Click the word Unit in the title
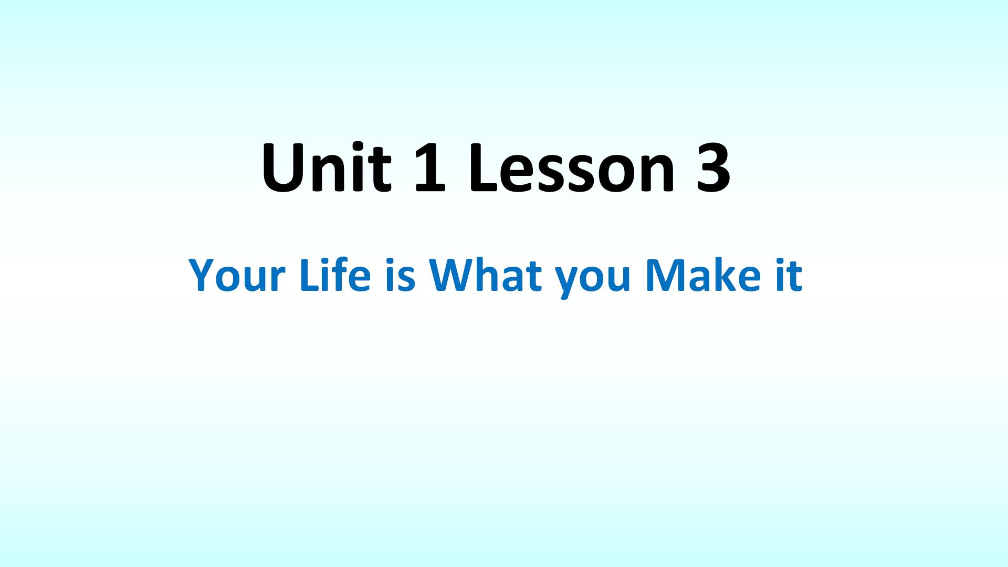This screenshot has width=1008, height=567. tap(327, 166)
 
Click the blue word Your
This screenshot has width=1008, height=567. tap(237, 275)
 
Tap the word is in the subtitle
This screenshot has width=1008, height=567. tap(401, 275)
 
